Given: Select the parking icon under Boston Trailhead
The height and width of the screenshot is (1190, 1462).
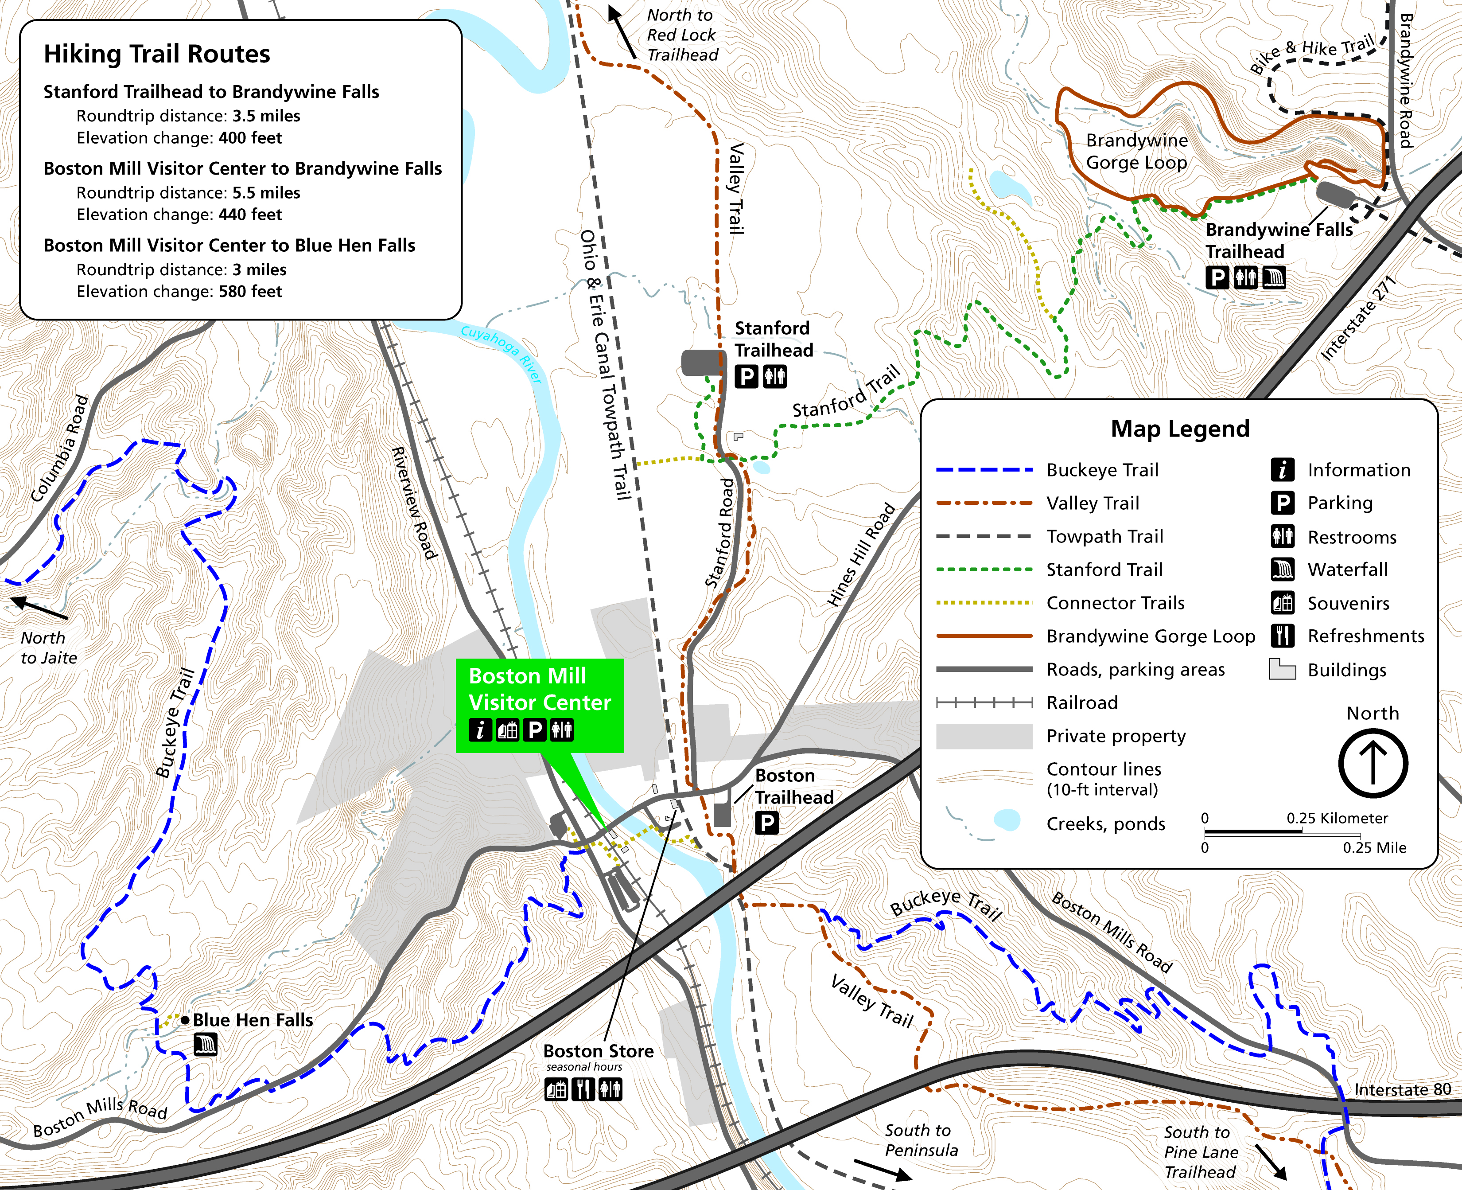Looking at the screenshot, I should click(766, 823).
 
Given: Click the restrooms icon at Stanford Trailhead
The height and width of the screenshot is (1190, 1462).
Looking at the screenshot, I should click(775, 376).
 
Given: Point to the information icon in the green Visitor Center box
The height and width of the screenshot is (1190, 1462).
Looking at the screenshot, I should click(480, 730).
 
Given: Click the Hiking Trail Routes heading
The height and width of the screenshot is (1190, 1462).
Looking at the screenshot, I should click(157, 54).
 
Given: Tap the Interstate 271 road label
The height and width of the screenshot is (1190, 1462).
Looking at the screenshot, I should click(1358, 319).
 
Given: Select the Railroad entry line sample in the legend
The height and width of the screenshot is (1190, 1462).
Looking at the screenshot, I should click(984, 702).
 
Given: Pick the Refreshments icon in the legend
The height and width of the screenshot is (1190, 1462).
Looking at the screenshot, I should click(1283, 636).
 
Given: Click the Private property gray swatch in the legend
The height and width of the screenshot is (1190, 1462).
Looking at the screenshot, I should click(984, 736).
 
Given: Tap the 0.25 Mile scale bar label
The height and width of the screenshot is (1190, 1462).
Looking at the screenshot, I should click(1374, 848).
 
